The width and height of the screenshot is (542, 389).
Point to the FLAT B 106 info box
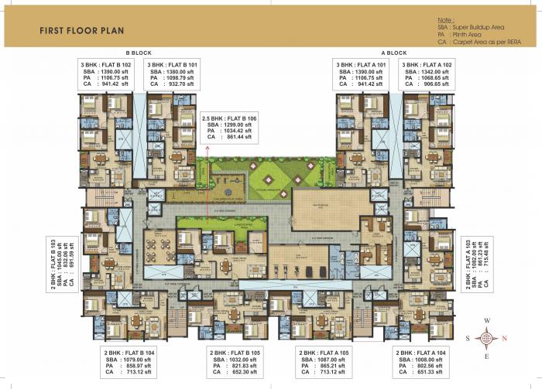pyautogui.click(x=230, y=128)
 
